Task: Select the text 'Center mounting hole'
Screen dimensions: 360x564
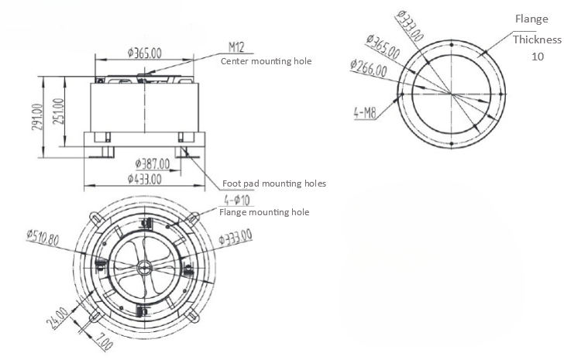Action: point(267,60)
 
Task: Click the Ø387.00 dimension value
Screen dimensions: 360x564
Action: point(152,164)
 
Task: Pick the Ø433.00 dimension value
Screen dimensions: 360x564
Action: point(144,179)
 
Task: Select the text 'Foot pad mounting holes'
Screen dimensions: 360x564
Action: point(273,183)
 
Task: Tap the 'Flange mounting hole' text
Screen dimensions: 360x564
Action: point(264,211)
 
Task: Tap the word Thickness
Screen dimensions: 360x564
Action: point(537,39)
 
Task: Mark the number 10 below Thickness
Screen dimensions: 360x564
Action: point(537,57)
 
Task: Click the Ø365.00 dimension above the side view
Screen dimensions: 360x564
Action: point(145,53)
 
